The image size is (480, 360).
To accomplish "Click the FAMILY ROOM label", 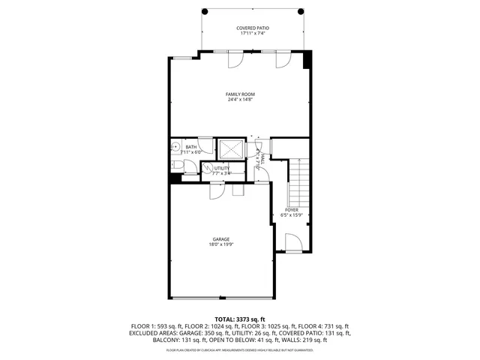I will click(240, 94).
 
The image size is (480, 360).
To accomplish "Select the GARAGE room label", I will click(220, 238).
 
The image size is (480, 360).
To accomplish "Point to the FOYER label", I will click(291, 210).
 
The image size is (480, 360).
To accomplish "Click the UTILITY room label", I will click(222, 168).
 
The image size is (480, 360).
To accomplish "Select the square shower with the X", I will click(230, 148).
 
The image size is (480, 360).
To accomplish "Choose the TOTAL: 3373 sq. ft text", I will click(240, 319).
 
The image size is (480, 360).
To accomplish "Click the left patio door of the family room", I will click(234, 60).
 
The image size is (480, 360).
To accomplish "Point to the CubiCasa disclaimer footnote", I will click(240, 349).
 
